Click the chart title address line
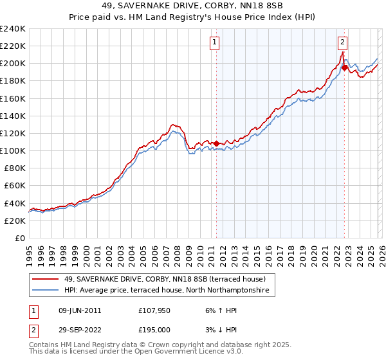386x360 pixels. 193,6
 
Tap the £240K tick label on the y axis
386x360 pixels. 13,29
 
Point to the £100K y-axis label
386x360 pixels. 13,150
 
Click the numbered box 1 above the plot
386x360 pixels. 214,43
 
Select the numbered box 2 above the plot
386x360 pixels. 343,43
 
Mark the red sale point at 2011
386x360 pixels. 216,143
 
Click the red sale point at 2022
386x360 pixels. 345,67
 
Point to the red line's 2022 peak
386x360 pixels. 342,52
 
